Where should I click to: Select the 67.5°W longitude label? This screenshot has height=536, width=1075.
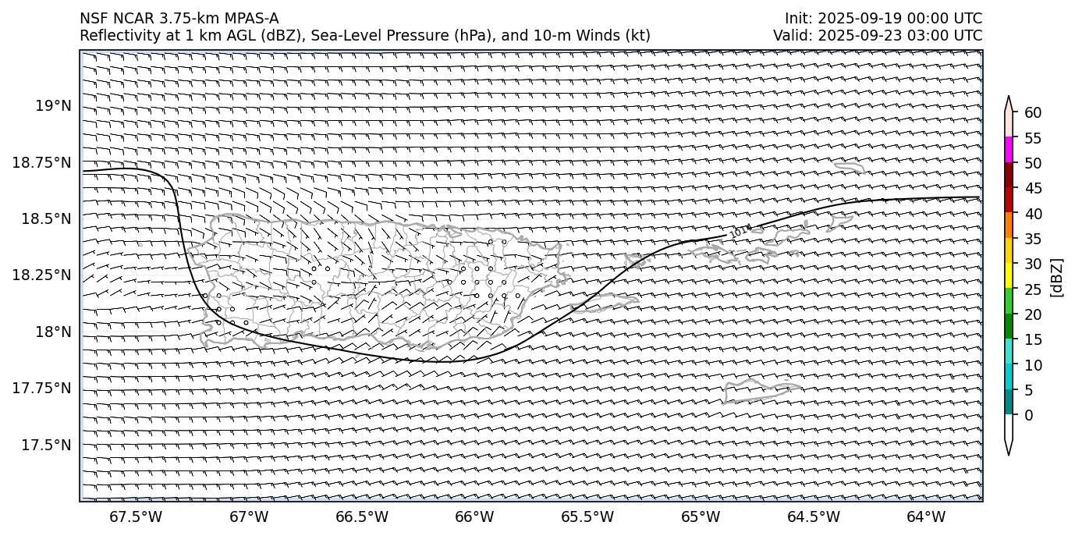(136, 516)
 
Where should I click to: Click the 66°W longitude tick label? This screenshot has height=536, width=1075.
(474, 516)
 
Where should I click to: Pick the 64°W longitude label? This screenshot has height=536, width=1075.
(926, 516)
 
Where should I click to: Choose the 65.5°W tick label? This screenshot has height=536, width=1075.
(587, 516)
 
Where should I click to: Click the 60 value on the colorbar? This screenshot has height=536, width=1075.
(1033, 112)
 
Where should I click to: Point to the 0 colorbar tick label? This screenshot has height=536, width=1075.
(1029, 414)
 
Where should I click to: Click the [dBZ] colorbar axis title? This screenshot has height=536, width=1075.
(1058, 277)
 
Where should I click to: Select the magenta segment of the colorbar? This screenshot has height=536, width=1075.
(1009, 149)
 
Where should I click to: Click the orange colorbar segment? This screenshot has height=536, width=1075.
(1009, 225)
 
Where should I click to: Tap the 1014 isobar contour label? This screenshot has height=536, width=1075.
(741, 230)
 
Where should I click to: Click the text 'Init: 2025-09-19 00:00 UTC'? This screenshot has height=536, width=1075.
(883, 19)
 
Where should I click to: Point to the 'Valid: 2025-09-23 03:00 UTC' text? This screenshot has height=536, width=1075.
(878, 35)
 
